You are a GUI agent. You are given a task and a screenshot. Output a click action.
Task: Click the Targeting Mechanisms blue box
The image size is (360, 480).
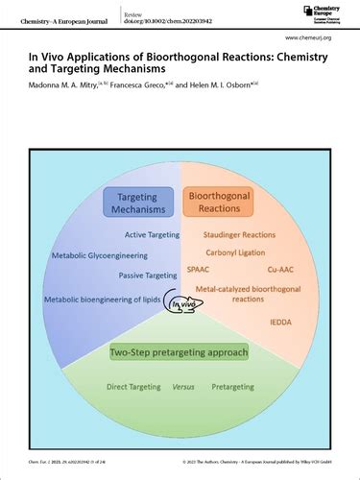[x=137, y=204]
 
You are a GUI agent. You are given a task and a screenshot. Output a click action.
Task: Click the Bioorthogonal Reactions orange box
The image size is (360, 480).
[x=224, y=203]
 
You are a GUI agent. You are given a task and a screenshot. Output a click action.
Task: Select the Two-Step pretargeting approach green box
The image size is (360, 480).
[x=180, y=352]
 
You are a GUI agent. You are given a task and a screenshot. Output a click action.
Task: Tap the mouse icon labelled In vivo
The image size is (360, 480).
[x=181, y=305]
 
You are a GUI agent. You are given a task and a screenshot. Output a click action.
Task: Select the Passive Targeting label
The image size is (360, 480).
[x=139, y=276]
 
